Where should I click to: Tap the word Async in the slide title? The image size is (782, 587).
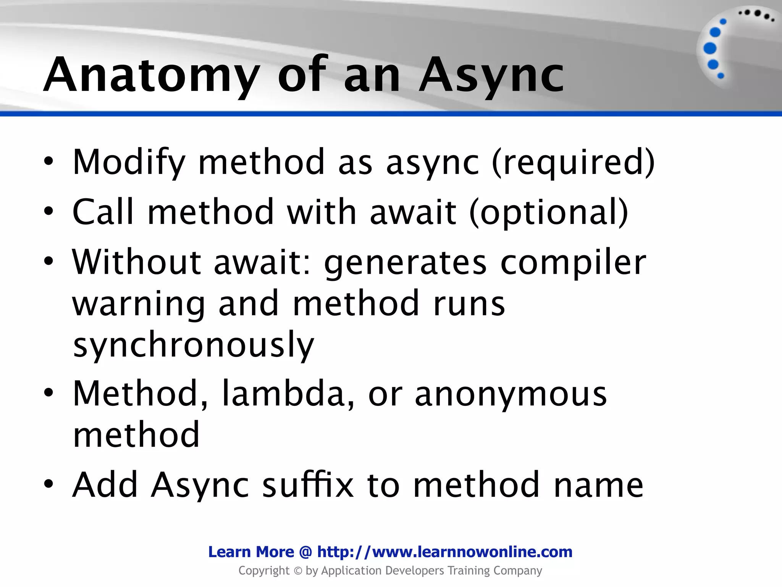point(491,75)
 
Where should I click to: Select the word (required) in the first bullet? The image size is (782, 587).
point(573,162)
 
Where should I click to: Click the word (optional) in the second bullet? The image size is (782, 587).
point(548,212)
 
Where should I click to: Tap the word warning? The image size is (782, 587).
point(139,304)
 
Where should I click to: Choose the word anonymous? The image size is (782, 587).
point(511,394)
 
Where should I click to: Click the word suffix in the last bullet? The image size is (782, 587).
point(308,485)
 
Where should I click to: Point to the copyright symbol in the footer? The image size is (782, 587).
point(298,571)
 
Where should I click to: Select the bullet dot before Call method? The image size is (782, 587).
point(48,211)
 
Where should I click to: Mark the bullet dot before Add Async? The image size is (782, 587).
point(48,484)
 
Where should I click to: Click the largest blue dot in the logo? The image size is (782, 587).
point(710,49)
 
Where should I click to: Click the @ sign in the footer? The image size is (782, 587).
point(305,552)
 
